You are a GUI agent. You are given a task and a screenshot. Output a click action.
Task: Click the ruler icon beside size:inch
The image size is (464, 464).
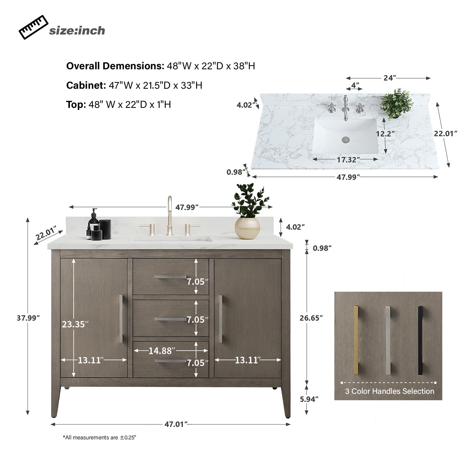33,27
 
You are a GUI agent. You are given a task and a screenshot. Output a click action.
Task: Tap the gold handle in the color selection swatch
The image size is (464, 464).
356,340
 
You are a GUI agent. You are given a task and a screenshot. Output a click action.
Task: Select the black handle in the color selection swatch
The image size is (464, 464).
420,340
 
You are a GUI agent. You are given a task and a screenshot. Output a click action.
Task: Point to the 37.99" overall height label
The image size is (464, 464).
28,318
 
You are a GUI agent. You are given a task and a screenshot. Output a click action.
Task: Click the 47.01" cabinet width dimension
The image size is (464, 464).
174,424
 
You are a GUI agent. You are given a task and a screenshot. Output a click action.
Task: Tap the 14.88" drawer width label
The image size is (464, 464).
160,351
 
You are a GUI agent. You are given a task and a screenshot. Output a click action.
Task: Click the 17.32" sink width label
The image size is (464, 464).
348,159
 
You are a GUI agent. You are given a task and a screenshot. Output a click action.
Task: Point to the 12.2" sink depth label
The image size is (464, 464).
385,134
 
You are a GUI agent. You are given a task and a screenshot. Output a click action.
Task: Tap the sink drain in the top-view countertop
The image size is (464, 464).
345,140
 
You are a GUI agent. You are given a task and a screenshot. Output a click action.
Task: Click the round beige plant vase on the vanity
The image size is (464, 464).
247,228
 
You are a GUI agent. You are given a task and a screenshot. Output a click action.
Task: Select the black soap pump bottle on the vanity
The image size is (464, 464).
94,221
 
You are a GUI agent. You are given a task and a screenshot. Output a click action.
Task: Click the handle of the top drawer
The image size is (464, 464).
171,277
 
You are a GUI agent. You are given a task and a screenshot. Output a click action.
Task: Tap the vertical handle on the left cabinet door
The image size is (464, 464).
121,319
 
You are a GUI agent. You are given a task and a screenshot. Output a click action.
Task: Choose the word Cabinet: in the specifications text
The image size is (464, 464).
86,85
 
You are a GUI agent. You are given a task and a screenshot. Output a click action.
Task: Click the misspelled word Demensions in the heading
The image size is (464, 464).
134,66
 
